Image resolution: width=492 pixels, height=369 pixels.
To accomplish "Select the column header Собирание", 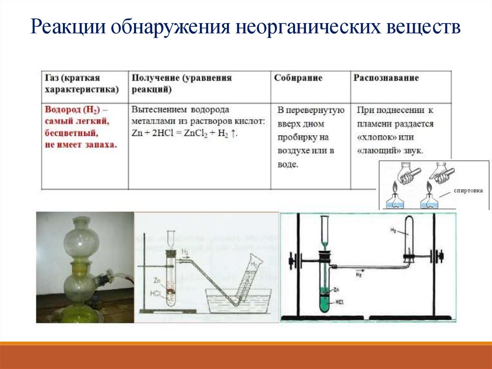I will [x=298, y=78].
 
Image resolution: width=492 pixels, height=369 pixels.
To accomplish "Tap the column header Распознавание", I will [x=386, y=78].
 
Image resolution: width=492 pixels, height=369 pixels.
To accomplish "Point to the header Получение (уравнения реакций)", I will [x=182, y=83].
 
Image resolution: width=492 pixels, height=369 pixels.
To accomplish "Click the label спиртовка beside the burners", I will [x=465, y=191].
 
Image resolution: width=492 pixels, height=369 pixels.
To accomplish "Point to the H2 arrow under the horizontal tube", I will [x=359, y=276].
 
